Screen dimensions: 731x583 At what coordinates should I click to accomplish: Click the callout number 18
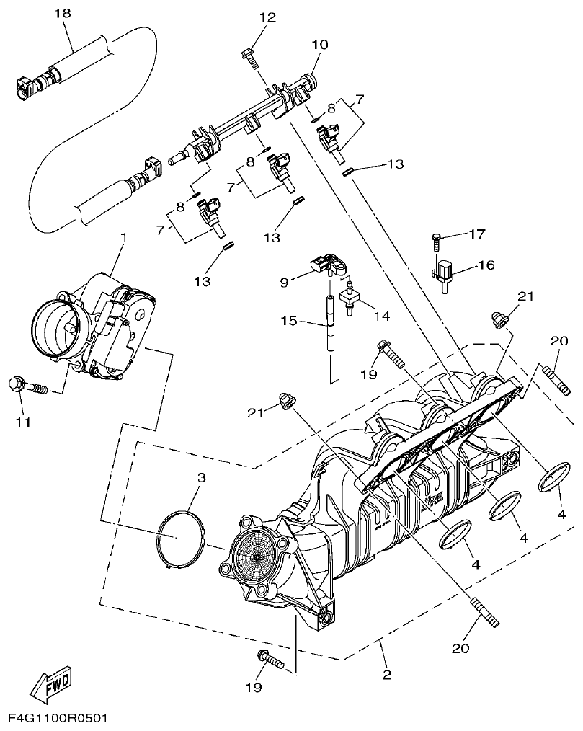click(63, 13)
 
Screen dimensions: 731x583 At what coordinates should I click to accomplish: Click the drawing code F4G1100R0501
click(58, 719)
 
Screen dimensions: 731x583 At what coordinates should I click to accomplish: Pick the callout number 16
click(486, 265)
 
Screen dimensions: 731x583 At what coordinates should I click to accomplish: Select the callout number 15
click(289, 321)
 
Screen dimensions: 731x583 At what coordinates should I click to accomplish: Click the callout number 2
click(387, 675)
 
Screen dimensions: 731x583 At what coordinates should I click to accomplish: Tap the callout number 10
click(319, 44)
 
